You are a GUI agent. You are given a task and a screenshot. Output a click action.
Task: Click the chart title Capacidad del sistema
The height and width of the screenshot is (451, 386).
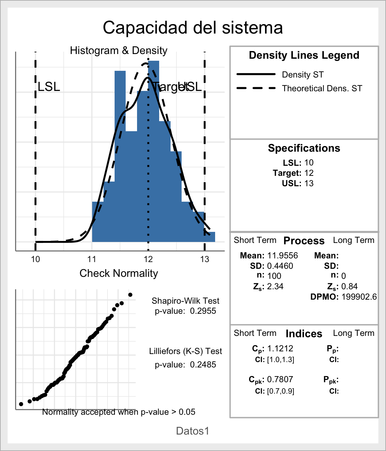(x=193, y=28)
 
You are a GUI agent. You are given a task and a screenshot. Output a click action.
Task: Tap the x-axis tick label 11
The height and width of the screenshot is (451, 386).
(x=92, y=259)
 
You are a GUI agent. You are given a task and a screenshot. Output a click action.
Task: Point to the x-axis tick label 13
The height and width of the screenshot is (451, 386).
(x=205, y=259)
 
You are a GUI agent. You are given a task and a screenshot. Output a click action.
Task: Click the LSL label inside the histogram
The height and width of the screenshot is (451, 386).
(x=49, y=87)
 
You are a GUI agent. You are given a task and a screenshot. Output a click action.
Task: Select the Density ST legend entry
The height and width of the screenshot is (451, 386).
(x=303, y=74)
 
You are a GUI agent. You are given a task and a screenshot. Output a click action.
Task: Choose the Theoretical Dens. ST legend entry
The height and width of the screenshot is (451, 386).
(x=322, y=88)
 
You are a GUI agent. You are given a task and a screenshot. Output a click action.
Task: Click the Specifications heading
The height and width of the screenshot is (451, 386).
(x=304, y=148)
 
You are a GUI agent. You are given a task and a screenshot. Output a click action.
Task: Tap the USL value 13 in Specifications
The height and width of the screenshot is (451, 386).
(x=309, y=183)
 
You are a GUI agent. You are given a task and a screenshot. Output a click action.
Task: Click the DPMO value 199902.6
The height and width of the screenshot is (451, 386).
(x=359, y=297)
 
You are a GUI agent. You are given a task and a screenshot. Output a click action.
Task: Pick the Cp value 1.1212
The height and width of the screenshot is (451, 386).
(x=280, y=348)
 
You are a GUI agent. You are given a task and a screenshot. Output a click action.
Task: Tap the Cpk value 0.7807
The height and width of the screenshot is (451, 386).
(x=280, y=379)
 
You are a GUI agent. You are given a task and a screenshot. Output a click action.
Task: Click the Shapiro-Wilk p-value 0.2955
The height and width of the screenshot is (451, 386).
(x=203, y=311)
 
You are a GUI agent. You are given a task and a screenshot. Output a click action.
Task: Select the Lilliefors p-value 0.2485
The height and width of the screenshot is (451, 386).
(x=203, y=364)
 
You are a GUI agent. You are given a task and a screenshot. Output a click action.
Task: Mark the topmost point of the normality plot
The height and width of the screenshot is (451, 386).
(x=130, y=295)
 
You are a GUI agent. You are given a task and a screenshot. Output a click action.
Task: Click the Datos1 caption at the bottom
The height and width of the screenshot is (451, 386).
(x=193, y=431)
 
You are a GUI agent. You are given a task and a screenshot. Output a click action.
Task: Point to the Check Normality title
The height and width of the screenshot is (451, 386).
(x=119, y=273)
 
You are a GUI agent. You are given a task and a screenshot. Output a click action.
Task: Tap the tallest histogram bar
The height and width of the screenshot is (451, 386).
(x=153, y=151)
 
